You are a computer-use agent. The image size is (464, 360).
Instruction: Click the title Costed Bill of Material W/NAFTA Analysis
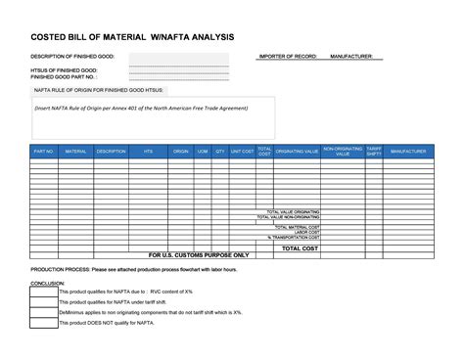[133, 36]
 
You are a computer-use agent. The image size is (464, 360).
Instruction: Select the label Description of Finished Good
[72, 57]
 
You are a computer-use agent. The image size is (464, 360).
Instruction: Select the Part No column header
[43, 152]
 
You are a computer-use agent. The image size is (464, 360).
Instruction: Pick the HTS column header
[148, 152]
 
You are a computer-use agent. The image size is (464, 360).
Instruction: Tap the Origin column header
[180, 152]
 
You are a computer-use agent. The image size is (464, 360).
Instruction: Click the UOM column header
[203, 152]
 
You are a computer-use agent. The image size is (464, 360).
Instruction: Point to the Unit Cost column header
[242, 152]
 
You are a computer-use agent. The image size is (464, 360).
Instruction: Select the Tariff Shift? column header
[373, 152]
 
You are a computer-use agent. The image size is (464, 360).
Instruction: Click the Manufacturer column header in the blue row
[408, 152]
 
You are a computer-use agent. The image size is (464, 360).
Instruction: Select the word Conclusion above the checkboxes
[47, 283]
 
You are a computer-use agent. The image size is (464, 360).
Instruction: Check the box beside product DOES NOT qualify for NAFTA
[43, 322]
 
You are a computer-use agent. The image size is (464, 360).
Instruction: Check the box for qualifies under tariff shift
[43, 301]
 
